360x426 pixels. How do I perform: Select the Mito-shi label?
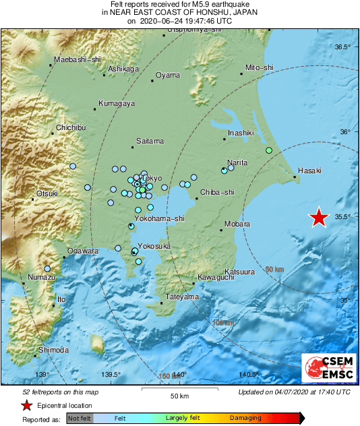pos(260,68)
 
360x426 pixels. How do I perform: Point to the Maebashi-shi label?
pos(71,60)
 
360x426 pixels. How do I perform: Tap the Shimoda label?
pos(54,350)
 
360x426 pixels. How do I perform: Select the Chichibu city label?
pos(71,127)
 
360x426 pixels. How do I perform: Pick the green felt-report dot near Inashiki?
pos(268,150)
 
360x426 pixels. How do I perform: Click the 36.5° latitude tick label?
pos(343,47)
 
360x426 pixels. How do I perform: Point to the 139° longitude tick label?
pos(42,375)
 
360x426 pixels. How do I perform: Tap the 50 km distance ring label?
pos(274,270)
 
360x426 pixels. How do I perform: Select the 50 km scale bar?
pos(179,389)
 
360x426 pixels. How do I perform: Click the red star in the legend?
pos(26,405)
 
